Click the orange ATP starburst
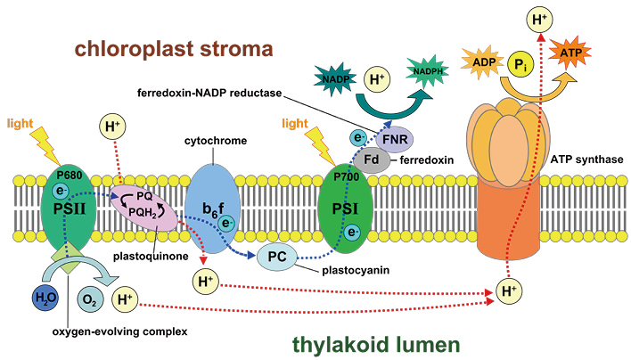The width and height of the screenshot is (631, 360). coord(570,53)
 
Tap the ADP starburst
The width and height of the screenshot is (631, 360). coord(482,61)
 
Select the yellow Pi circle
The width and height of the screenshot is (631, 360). coord(520,64)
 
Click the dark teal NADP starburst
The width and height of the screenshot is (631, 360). coord(335,78)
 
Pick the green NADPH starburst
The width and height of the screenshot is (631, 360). coord(428,71)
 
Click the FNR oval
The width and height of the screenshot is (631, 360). coord(395,140)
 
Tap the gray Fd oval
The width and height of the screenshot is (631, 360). coord(372,160)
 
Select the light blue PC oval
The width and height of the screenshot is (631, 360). coord(277,257)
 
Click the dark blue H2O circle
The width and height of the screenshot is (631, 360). coord(45,298)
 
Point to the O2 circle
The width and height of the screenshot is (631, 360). coord(90,299)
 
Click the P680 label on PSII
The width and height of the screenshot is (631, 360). coord(70,176)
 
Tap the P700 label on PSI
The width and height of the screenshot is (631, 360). coord(347,177)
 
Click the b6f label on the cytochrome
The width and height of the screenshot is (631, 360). coord(213,209)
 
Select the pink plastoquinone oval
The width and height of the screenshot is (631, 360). coord(144,208)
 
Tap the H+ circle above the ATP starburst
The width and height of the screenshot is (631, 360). coord(540,20)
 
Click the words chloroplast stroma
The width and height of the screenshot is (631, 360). coord(174,49)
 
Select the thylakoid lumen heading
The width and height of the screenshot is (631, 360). coord(376,345)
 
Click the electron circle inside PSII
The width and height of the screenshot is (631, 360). coord(61,191)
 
